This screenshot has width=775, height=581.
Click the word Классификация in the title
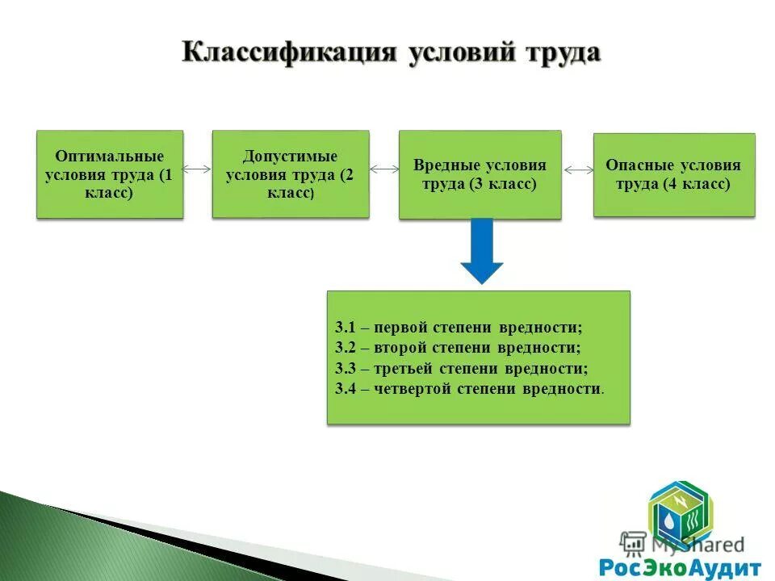point(290,52)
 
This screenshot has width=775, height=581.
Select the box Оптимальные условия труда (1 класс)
point(110,174)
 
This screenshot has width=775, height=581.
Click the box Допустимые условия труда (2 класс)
point(291,174)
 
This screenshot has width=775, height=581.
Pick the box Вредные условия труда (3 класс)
point(480,174)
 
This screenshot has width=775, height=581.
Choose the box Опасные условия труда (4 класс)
point(674,174)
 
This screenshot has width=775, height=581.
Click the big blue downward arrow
point(482,250)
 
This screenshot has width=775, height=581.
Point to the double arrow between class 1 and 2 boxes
point(198,169)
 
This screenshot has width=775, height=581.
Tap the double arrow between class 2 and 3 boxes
point(384,169)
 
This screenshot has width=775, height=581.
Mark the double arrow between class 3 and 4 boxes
point(578,170)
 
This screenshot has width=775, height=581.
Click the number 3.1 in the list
point(346,328)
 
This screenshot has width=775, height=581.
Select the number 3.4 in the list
point(346,389)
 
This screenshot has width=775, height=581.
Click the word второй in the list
point(403,349)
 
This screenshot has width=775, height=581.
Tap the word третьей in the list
point(407,369)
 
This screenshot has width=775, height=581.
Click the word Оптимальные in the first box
point(110,156)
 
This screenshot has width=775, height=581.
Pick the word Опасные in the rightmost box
point(641,165)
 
